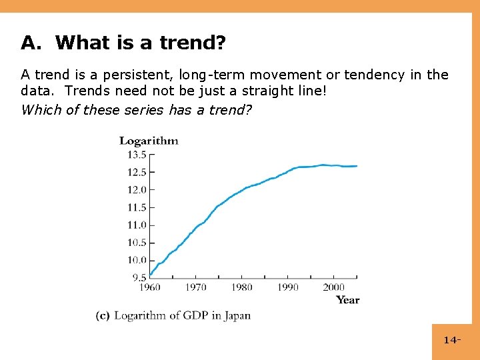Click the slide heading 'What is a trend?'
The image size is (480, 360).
(x=141, y=43)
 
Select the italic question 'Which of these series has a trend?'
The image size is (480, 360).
(x=137, y=109)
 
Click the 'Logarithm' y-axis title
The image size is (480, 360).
(x=149, y=141)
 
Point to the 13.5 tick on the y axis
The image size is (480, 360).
(x=137, y=155)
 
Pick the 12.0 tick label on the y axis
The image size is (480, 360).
(x=137, y=190)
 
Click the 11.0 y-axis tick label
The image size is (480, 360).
(x=137, y=225)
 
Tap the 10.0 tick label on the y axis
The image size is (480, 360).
(x=137, y=260)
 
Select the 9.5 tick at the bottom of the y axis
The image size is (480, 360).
(x=139, y=277)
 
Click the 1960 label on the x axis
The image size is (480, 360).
(x=150, y=287)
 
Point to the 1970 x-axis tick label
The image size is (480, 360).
(x=196, y=287)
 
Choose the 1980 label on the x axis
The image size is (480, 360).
(x=242, y=287)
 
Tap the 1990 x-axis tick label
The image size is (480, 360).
(x=288, y=287)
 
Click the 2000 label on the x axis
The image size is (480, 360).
(x=334, y=287)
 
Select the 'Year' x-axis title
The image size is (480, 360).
(x=347, y=300)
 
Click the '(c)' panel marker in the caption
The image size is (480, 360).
(x=103, y=315)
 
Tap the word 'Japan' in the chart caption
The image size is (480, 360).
(x=237, y=316)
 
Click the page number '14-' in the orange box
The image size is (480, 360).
(x=452, y=341)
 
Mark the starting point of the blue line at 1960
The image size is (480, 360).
(x=151, y=273)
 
